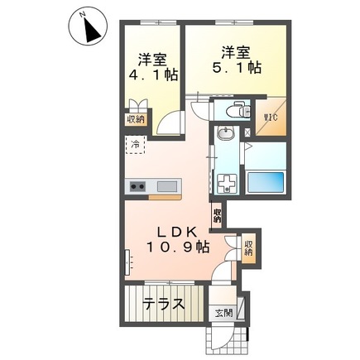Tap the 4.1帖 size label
pyautogui.click(x=153, y=74)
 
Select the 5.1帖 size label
pyautogui.click(x=238, y=67)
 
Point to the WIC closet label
pyautogui.click(x=270, y=118)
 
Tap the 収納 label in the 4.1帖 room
pyautogui.click(x=134, y=119)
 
